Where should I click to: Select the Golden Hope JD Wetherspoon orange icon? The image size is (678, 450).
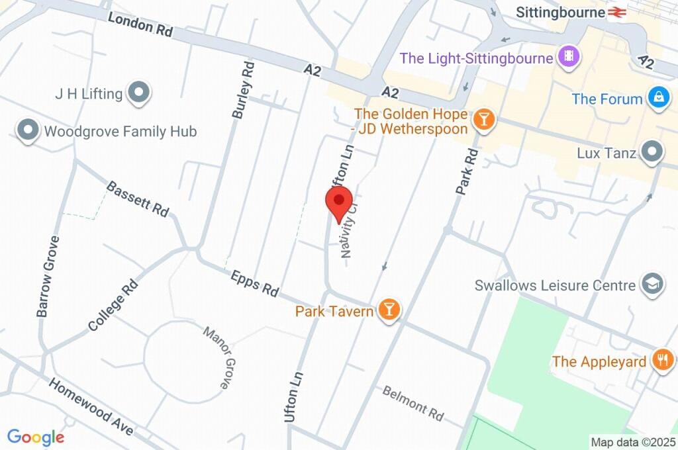point(484,120)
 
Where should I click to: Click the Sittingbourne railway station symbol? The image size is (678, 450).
point(618,12)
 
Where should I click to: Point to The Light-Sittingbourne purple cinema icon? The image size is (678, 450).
point(569,58)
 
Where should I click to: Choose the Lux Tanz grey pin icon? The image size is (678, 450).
point(653,152)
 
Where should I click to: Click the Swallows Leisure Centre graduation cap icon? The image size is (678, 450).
point(652,285)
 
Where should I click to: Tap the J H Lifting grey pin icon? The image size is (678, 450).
point(139,93)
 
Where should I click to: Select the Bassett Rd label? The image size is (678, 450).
point(138,199)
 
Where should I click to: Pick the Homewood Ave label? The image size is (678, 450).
point(91,408)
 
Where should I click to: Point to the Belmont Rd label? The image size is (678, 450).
point(413,402)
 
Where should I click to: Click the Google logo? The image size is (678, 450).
point(36,437)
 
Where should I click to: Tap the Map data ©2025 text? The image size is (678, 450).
point(632,442)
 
